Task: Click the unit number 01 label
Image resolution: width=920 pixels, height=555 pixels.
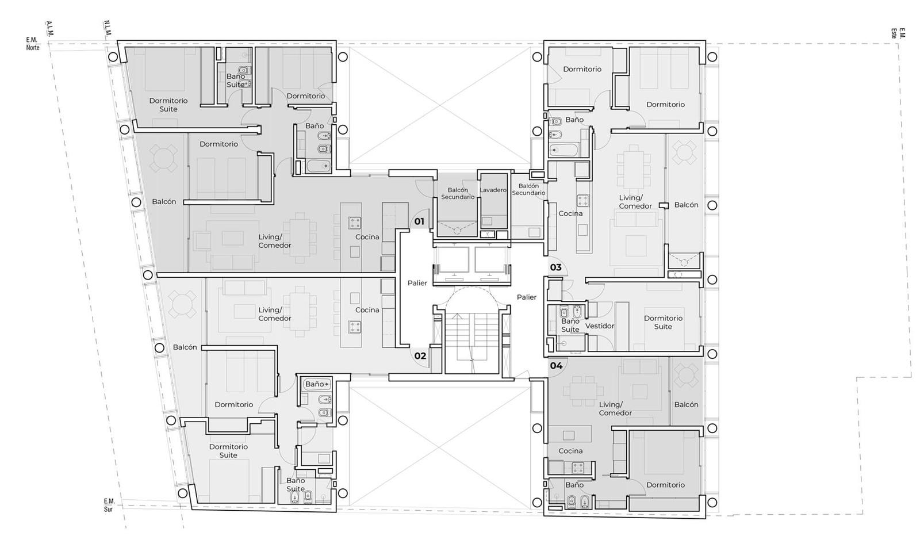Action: [419, 221]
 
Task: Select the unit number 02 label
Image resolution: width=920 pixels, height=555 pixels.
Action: [420, 356]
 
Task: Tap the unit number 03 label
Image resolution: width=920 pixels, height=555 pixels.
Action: [555, 267]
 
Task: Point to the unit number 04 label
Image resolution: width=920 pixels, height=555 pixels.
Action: [556, 366]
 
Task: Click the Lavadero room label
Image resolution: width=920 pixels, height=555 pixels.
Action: [493, 190]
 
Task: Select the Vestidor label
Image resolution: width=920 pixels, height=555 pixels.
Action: [600, 326]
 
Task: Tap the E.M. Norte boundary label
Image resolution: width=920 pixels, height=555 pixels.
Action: [33, 44]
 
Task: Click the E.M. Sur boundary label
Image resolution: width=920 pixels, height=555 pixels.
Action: [109, 506]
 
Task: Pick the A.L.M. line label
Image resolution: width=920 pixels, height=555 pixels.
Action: [49, 28]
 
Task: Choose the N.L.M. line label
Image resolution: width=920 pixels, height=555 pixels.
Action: [107, 28]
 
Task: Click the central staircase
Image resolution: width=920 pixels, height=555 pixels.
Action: [472, 343]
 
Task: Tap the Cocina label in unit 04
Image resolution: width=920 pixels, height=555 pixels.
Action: [570, 451]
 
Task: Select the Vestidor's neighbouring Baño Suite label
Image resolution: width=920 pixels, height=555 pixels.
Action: [570, 326]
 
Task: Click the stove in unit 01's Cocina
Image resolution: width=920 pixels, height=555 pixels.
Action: [354, 223]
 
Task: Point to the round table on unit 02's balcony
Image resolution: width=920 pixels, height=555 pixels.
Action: [182, 304]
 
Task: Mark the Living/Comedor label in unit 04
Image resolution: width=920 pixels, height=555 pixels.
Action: [615, 409]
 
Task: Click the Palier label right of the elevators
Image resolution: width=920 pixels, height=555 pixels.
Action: [527, 297]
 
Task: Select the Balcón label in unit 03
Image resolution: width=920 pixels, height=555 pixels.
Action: [687, 205]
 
